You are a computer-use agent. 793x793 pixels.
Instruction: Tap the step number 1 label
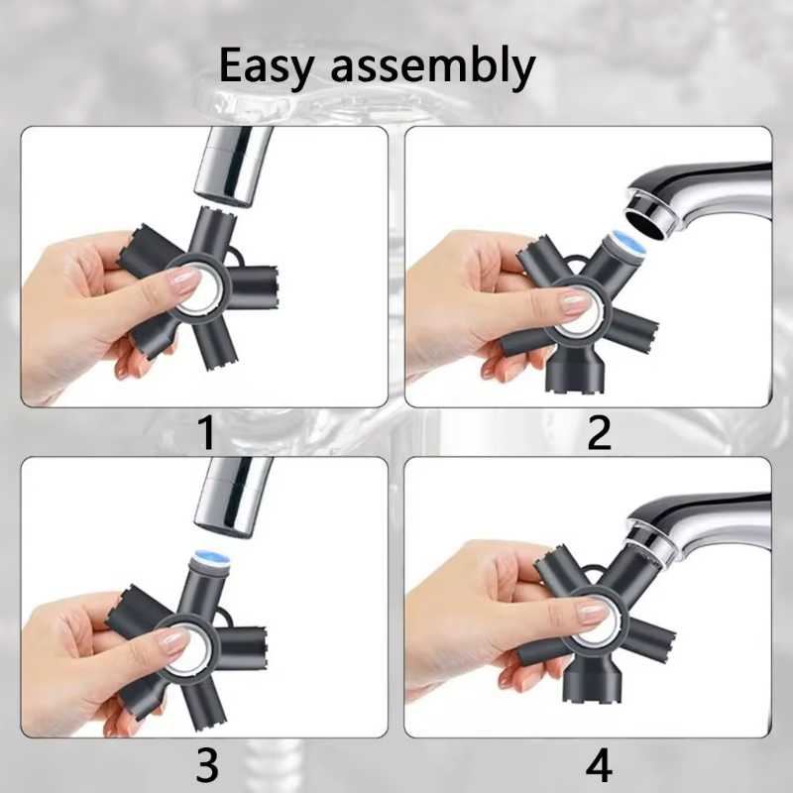pyautogui.click(x=206, y=432)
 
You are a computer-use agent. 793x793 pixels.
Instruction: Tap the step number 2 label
pyautogui.click(x=600, y=432)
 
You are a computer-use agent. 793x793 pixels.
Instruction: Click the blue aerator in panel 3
pyautogui.click(x=211, y=558)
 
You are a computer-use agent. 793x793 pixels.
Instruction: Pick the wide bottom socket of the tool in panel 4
pyautogui.click(x=592, y=679)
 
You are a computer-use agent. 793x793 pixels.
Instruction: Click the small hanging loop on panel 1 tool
pyautogui.click(x=235, y=258)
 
